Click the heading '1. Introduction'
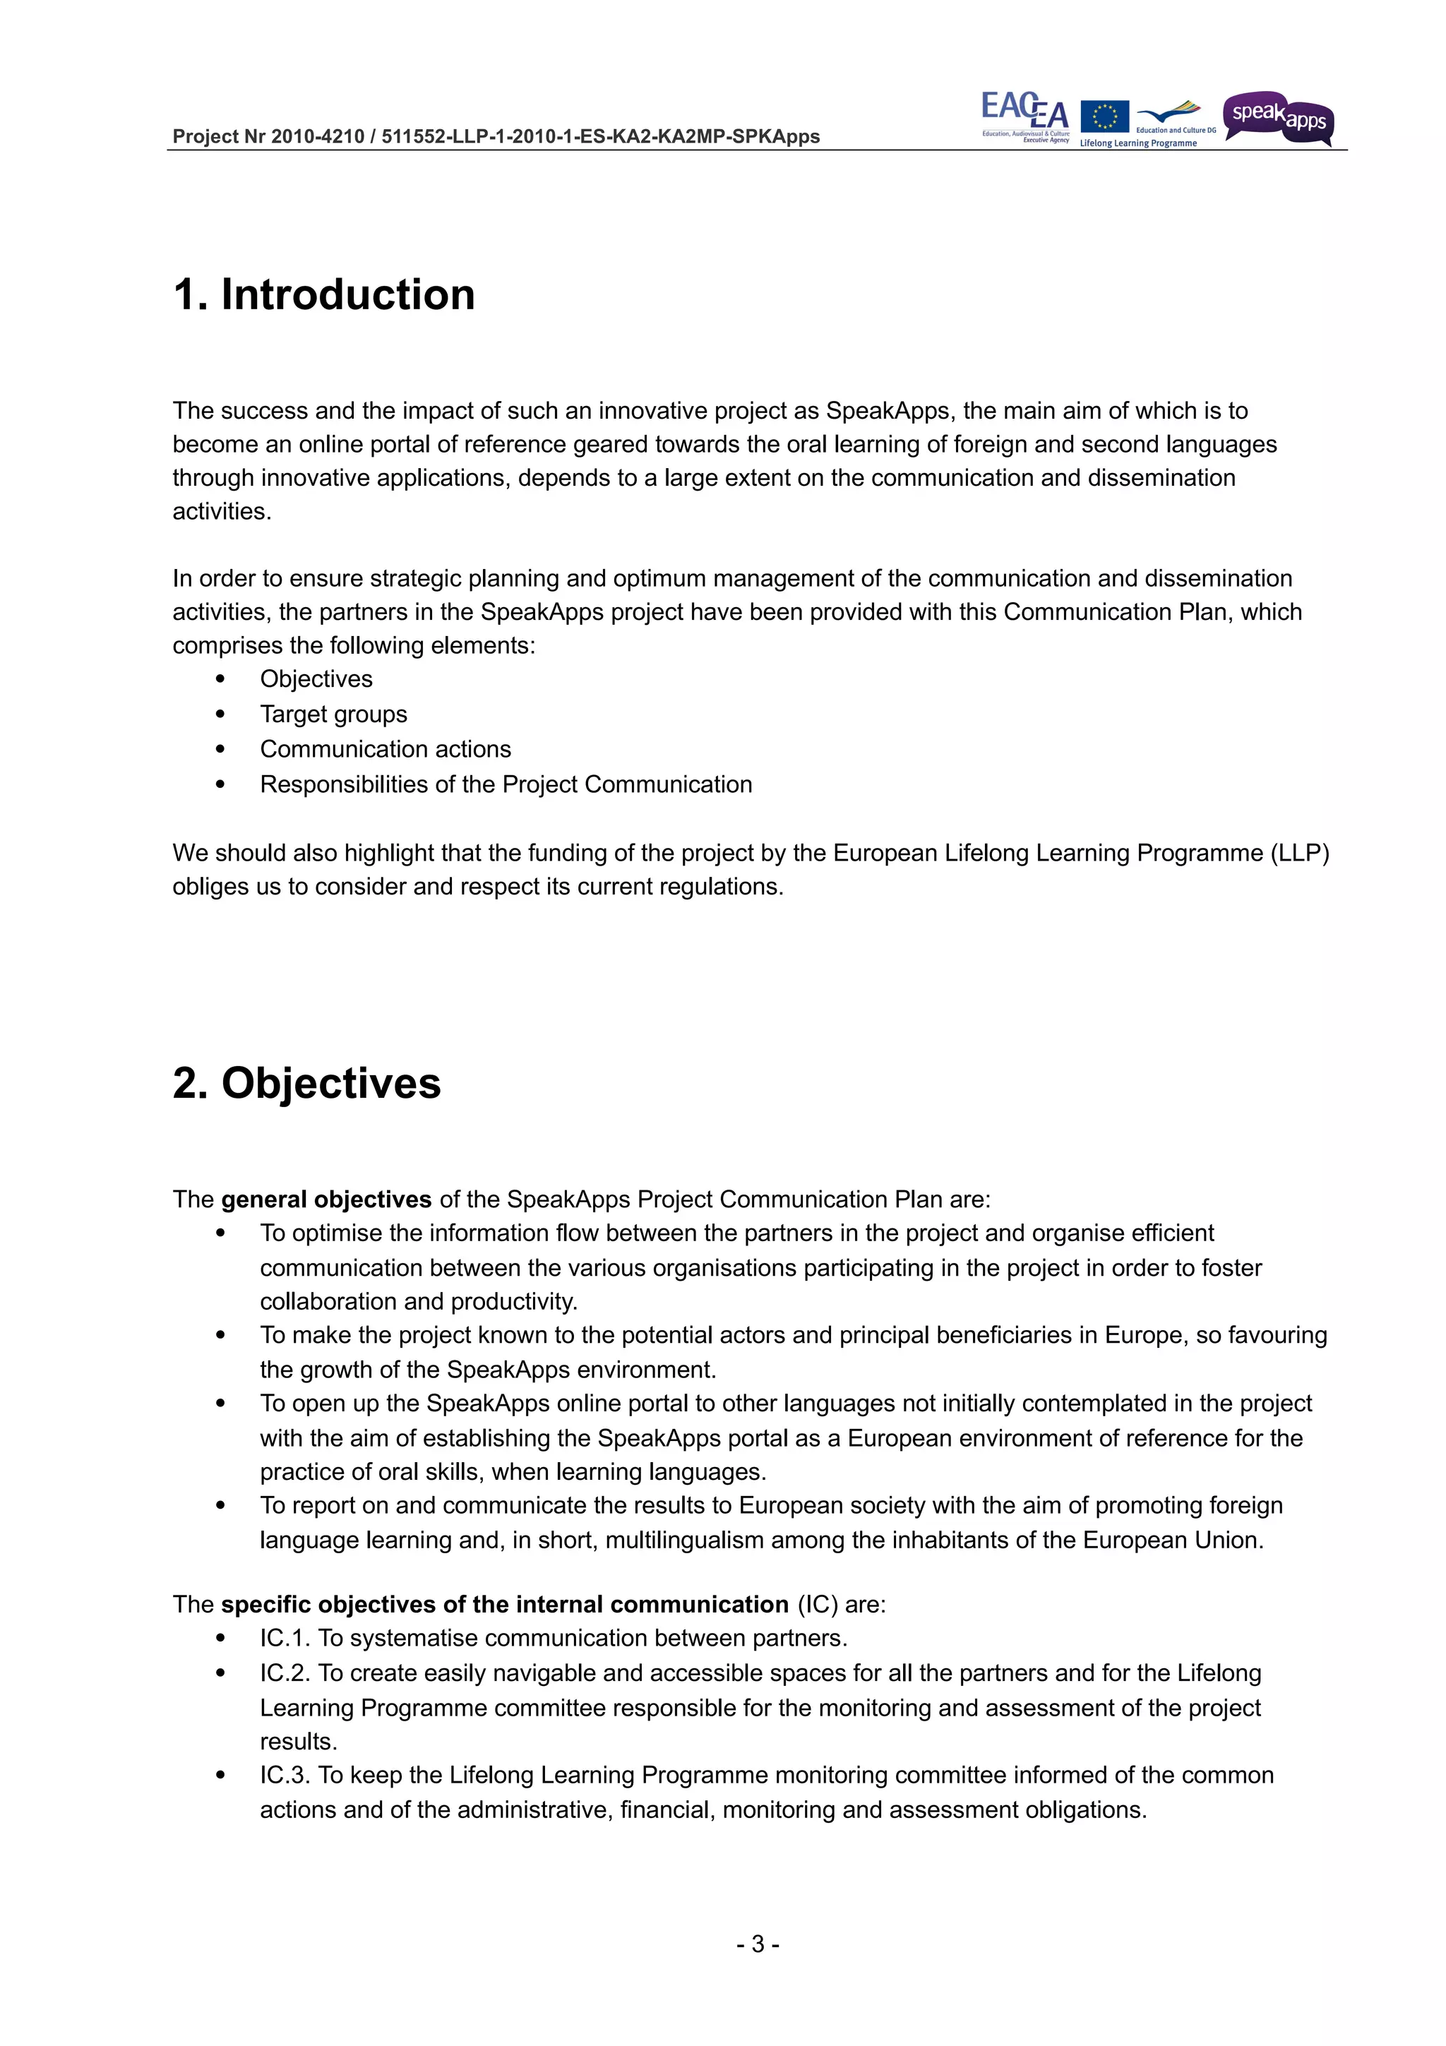click(x=323, y=295)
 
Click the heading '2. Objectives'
click(x=306, y=1084)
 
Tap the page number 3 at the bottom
click(x=758, y=1944)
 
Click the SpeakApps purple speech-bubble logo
click(x=1278, y=119)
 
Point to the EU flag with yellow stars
click(x=1104, y=116)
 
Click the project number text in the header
click(x=496, y=136)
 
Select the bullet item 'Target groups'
click(x=333, y=714)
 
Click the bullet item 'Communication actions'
click(x=385, y=750)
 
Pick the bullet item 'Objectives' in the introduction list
click(x=316, y=679)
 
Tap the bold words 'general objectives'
click(x=326, y=1200)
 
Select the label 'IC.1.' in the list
click(x=285, y=1639)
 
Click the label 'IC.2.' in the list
click(x=285, y=1673)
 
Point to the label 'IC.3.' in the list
click(x=285, y=1775)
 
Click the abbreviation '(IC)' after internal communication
click(x=817, y=1605)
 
